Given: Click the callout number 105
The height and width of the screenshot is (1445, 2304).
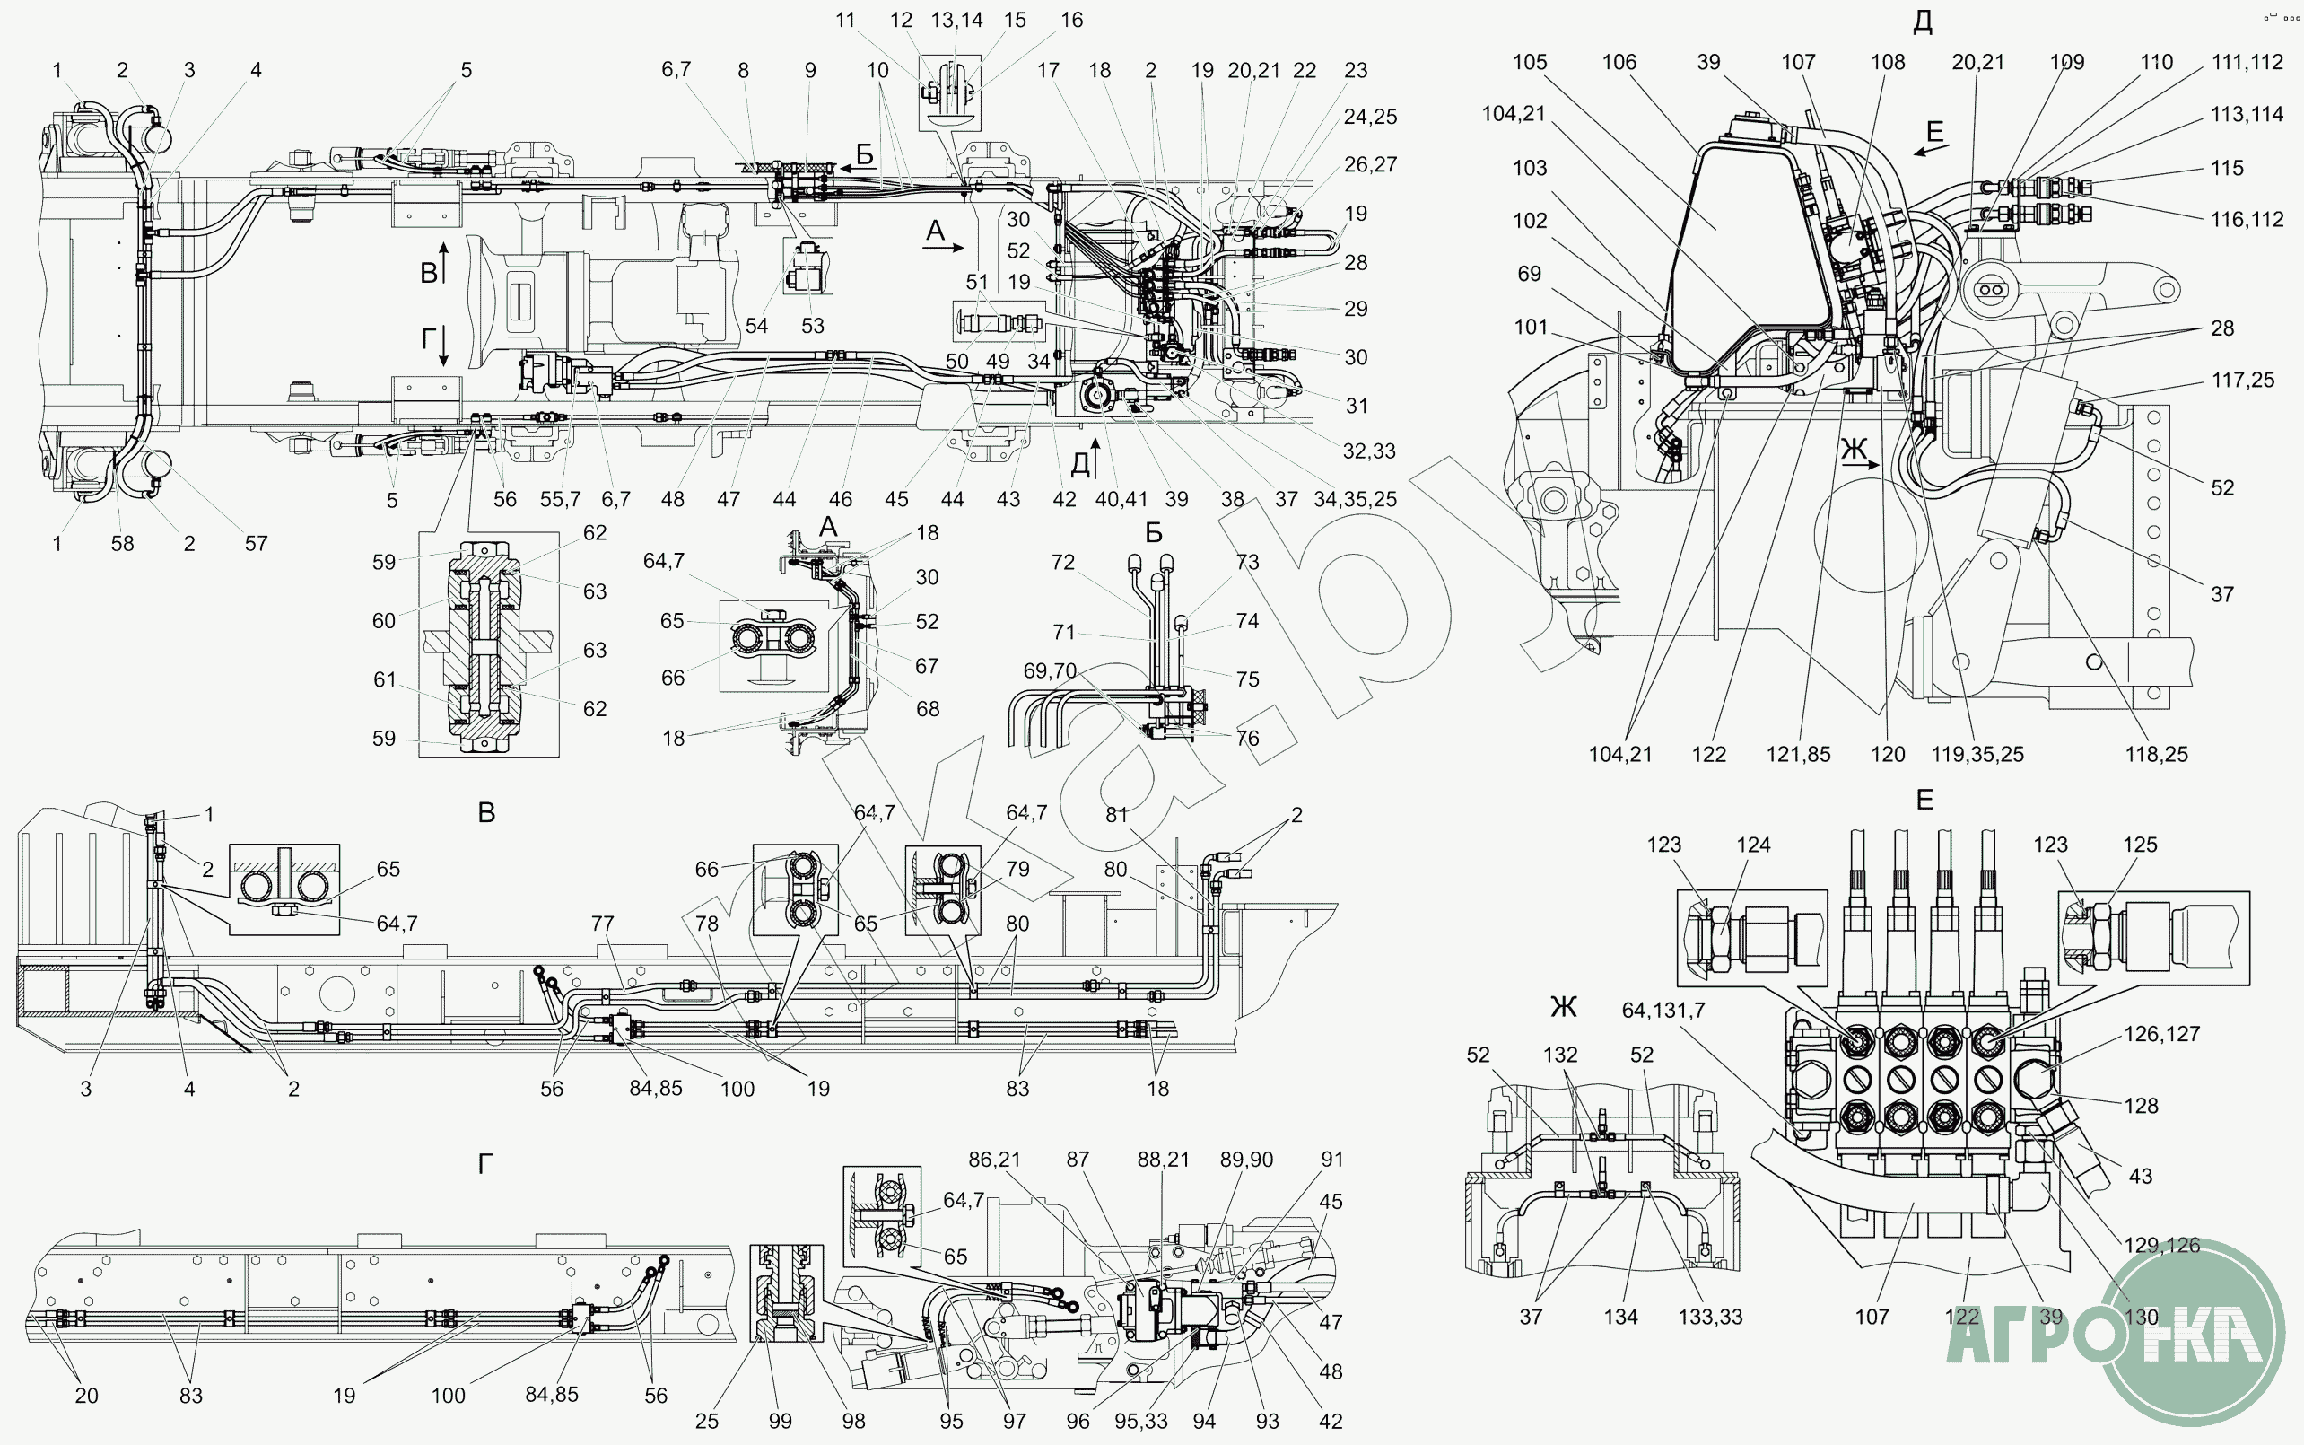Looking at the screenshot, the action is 1530,62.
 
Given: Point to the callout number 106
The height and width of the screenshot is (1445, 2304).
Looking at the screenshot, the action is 1619,62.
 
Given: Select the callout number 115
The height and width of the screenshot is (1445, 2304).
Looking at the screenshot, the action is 2227,168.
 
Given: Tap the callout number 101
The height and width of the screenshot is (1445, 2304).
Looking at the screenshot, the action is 1531,327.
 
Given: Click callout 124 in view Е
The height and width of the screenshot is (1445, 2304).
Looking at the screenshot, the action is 1753,845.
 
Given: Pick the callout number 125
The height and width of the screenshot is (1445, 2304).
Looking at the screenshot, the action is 2140,845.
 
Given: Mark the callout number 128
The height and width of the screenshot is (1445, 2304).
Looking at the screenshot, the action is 2141,1106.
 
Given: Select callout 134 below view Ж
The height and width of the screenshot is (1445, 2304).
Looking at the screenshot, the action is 1620,1317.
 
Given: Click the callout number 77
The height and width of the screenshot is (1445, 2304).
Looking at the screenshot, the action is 602,924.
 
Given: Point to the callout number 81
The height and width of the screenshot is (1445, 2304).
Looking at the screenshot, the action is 1117,815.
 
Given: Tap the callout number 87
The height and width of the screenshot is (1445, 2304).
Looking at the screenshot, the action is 1078,1160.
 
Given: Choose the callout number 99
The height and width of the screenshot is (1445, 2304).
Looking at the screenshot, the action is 781,1421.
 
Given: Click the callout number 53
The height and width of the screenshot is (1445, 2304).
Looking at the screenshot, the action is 813,326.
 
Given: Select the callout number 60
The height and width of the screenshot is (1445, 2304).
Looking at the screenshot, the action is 384,621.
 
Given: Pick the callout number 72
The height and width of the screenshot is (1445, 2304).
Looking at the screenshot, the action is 1063,563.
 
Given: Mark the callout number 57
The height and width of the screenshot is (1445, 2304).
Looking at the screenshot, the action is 256,544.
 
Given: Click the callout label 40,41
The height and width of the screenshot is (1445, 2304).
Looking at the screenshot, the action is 1121,499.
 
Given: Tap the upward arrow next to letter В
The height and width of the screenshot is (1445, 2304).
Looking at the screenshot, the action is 444,259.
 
